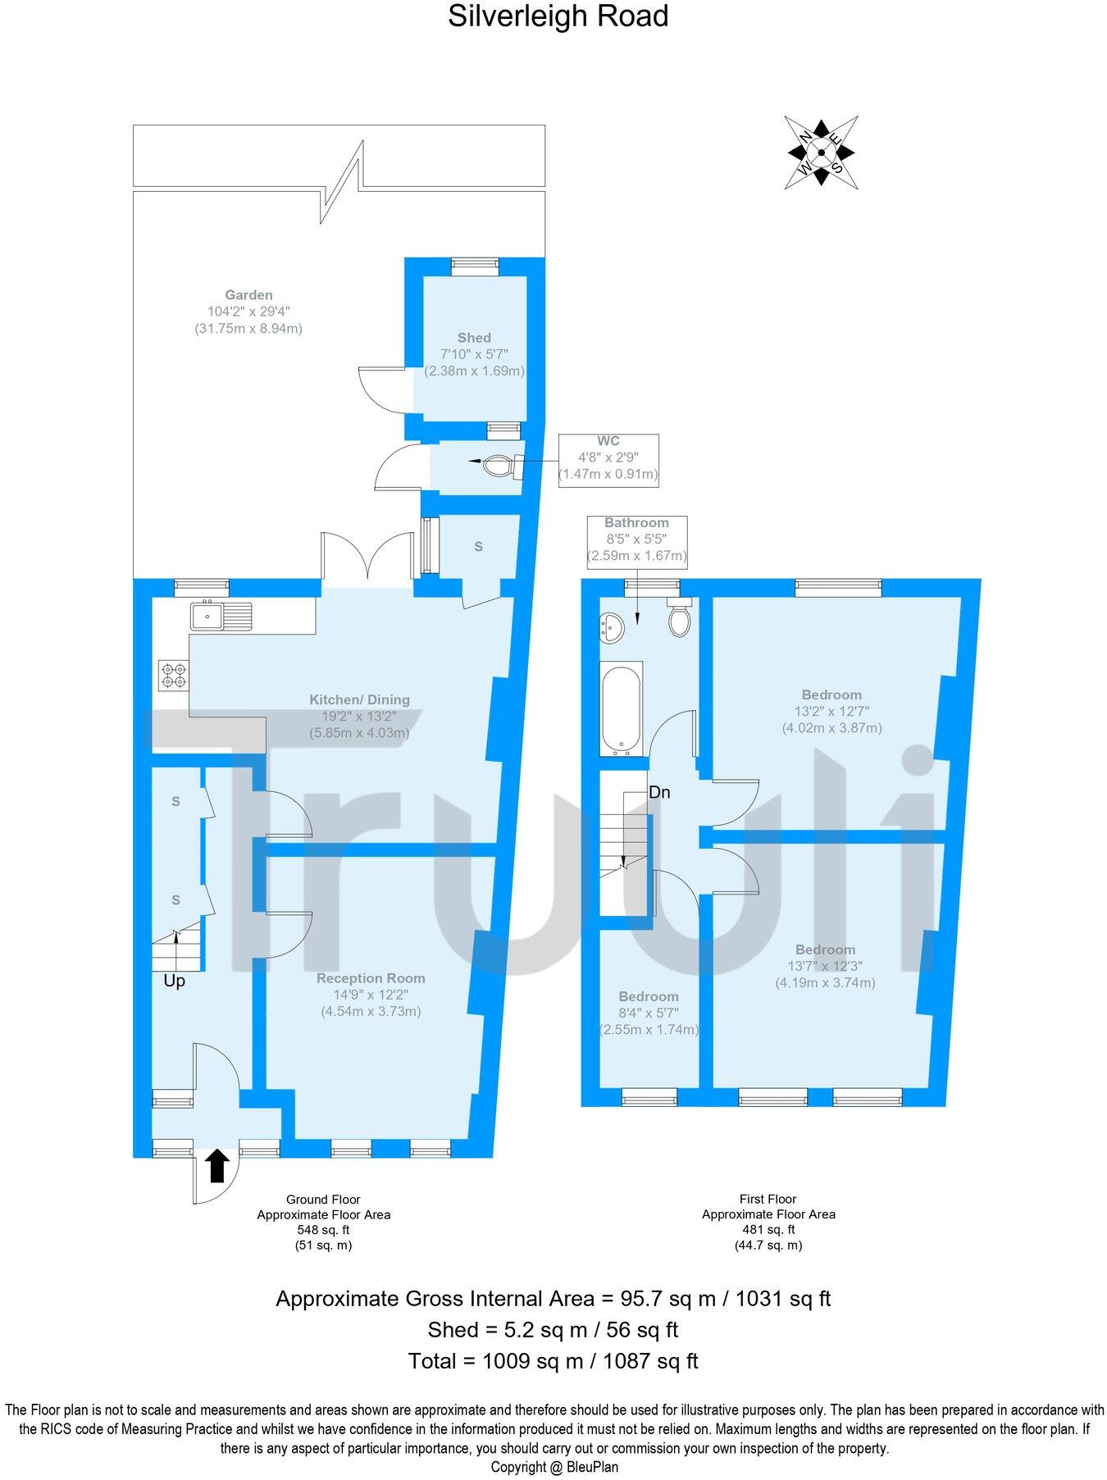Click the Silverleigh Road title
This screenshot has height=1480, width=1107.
coord(558,16)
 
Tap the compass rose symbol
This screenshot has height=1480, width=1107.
coord(821,152)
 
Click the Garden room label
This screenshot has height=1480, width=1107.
coord(248,295)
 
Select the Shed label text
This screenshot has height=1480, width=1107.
coord(474,338)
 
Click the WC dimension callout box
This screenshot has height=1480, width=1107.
coord(608,460)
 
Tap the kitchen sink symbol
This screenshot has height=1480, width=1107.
coord(221,615)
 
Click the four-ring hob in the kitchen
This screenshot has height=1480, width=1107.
coord(174,674)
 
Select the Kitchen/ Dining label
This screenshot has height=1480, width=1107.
coord(359,700)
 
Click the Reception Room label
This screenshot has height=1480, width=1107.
coord(371,978)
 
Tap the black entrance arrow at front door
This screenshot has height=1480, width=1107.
coord(216,1165)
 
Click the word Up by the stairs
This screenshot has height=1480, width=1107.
coord(174,981)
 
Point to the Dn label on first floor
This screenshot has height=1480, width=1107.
coord(659,793)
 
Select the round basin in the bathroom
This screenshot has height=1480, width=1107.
coord(612,629)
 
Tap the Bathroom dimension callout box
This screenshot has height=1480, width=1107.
coord(636,540)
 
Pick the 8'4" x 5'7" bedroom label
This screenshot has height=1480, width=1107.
coord(649,1013)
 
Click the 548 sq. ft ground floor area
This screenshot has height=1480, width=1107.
coord(323,1230)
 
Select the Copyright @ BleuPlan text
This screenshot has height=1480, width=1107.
coord(554,1467)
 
